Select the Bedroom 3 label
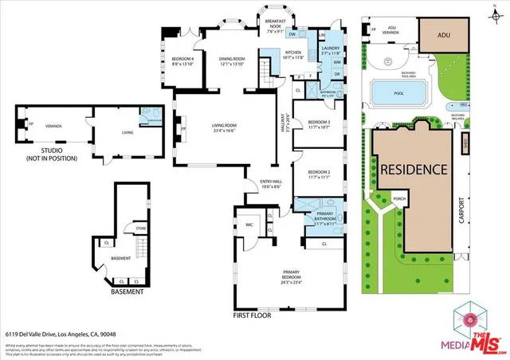318,125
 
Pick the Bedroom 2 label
318,174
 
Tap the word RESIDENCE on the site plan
413,170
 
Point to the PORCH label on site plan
391,199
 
